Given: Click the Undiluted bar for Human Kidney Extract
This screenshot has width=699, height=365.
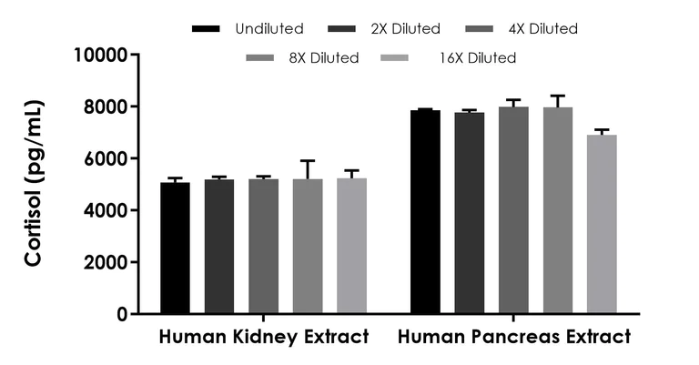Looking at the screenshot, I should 176,248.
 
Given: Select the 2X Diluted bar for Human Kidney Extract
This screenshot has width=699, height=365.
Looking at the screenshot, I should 219,246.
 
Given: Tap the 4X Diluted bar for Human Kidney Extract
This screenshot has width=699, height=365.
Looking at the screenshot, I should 263,246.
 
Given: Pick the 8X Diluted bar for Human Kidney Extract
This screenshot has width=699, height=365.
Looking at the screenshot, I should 307,246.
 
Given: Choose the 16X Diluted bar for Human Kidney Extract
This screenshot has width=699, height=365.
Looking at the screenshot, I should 351,246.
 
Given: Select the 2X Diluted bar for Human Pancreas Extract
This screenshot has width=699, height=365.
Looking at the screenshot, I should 470,213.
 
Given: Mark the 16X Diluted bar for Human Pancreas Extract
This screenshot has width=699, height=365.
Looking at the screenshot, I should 602,224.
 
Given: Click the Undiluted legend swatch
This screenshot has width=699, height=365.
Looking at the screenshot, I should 208,29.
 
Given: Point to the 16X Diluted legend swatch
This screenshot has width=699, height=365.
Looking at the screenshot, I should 398,58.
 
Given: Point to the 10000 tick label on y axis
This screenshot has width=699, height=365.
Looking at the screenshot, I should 100,55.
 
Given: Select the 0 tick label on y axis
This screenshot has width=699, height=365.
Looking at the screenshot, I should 121,314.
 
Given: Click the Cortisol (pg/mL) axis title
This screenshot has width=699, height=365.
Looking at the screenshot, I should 35,183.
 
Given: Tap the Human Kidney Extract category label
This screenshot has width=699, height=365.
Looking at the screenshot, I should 264,337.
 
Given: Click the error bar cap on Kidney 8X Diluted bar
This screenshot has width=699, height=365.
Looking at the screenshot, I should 307,161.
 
